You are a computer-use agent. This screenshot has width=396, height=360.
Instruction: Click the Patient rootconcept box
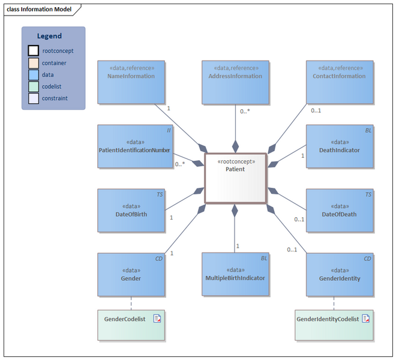(235, 178)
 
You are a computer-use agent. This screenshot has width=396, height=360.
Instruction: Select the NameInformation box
(131, 82)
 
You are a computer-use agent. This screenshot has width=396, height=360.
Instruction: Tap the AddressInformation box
(235, 82)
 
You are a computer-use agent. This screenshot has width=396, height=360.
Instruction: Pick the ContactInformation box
(339, 82)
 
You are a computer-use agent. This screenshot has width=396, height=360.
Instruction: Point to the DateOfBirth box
(131, 211)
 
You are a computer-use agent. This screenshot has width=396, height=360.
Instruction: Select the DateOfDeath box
(339, 211)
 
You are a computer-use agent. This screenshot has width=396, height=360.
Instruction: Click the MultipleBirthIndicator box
(235, 274)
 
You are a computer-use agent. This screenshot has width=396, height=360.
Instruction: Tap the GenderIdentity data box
(339, 274)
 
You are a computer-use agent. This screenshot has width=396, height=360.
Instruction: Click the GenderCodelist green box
(131, 325)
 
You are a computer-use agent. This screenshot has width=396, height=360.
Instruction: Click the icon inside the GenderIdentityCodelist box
(365, 319)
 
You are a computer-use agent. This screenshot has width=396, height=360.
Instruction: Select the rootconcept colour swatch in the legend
(34, 51)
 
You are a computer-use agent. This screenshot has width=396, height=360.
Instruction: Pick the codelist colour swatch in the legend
(34, 86)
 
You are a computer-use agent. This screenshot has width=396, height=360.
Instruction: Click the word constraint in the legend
(55, 98)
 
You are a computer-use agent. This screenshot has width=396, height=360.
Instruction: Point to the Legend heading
(49, 36)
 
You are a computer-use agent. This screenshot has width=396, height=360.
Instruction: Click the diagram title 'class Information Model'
(39, 10)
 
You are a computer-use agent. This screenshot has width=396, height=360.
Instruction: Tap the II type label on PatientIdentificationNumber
(160, 130)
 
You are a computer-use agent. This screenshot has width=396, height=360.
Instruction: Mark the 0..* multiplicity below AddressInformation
(245, 112)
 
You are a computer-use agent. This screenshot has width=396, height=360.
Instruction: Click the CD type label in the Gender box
(159, 259)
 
